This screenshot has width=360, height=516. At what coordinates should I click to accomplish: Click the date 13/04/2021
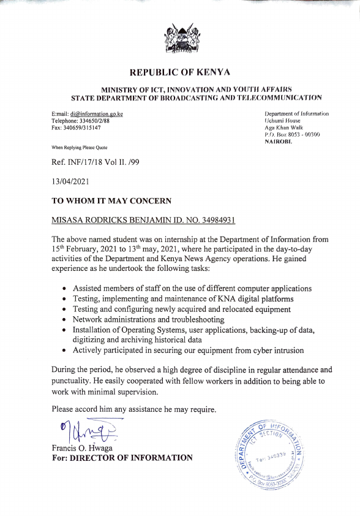pos(72,182)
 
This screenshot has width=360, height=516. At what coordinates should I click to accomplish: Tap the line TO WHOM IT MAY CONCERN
pos(111,200)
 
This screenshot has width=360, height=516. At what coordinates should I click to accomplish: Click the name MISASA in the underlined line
pos(69,219)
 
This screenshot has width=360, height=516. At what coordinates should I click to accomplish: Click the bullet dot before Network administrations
pos(66,320)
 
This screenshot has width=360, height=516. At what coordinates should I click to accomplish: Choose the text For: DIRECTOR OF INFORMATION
pos(122,458)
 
